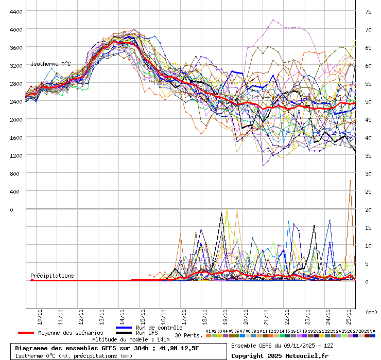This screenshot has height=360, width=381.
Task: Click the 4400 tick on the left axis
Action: point(15,11)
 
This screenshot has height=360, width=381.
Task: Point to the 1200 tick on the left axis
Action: point(15,155)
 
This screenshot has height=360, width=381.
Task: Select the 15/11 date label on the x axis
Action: point(143,314)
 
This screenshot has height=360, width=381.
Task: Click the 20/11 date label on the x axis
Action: point(246,314)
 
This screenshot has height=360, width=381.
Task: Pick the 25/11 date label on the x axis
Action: point(349,314)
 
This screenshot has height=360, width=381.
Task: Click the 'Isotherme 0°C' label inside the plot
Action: point(50,64)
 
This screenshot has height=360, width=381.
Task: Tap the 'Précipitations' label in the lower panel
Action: point(51,276)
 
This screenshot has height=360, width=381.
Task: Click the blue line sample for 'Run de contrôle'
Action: point(124,328)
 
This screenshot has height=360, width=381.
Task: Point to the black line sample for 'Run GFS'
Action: point(124,333)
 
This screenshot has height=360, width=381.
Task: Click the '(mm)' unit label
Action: point(371,312)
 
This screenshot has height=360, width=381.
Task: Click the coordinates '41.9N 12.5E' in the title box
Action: point(179,348)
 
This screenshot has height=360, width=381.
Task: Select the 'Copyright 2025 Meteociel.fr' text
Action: point(280,355)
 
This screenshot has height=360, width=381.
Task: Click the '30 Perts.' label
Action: point(188,335)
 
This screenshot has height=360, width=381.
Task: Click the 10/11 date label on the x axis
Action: point(40,314)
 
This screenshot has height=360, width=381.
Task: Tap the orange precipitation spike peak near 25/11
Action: point(351,181)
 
